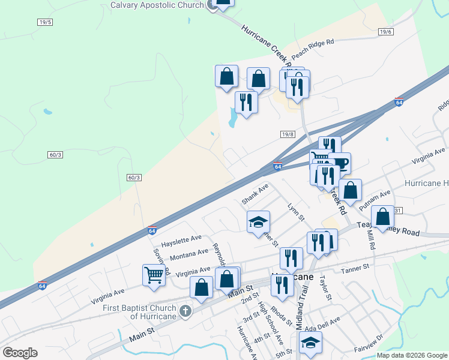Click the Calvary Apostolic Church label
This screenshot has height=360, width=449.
[157, 5]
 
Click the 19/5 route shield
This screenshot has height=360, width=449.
[44, 22]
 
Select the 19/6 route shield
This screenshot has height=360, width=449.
[385, 32]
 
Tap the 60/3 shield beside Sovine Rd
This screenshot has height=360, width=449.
[134, 178]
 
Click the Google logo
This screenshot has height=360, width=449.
[20, 352]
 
